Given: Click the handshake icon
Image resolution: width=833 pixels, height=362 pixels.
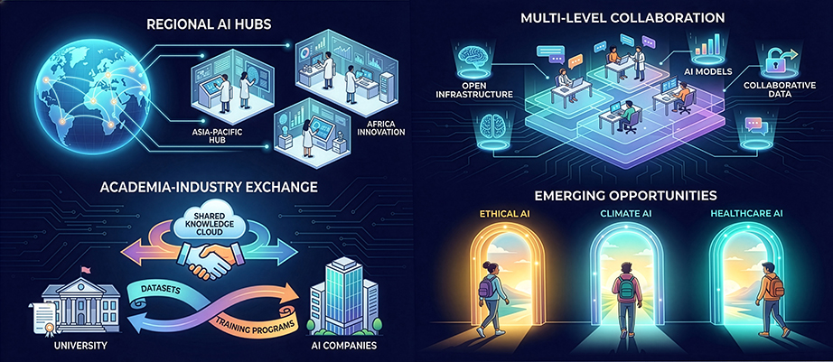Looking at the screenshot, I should tap(205, 263).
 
